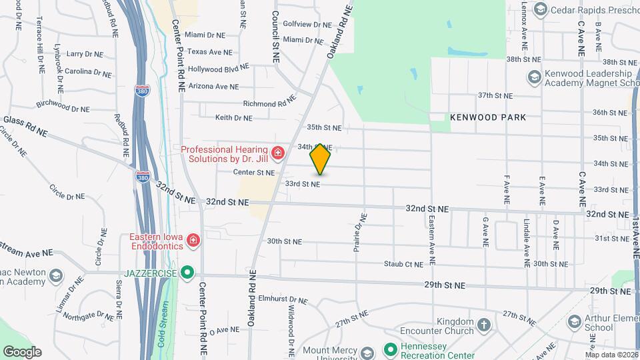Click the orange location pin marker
[x=321, y=159]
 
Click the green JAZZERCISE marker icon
[x=188, y=273]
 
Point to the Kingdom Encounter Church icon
[x=483, y=326]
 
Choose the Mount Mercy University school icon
[x=367, y=353]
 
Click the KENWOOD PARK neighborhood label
[x=488, y=117]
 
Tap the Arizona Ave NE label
[x=213, y=86]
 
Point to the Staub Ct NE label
[x=403, y=264]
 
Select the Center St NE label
[x=254, y=173]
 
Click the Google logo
[x=22, y=352]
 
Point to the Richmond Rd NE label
[x=269, y=103]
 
